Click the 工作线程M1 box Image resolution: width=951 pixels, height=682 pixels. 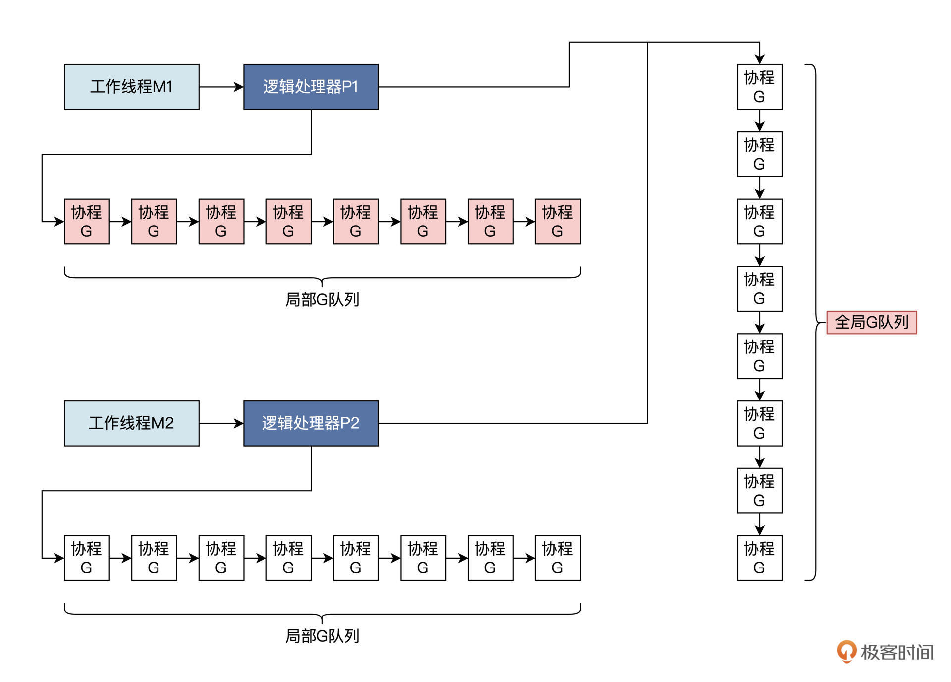[131, 87]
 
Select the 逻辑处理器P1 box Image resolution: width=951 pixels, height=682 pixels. [311, 87]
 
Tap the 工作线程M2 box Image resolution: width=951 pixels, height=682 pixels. [131, 423]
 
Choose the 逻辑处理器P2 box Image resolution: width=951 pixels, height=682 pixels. [311, 423]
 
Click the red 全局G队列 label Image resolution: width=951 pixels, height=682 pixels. [871, 322]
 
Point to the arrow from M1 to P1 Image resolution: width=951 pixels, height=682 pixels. [221, 87]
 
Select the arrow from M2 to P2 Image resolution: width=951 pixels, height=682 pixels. [221, 423]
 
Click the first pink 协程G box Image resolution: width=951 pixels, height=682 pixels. [87, 222]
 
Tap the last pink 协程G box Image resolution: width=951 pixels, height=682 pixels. [557, 222]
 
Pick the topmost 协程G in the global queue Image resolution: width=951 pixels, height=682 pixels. [759, 87]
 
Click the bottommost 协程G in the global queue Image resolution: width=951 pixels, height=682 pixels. [759, 558]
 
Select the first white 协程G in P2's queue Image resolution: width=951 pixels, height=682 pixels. [87, 558]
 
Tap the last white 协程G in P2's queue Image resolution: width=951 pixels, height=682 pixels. [557, 558]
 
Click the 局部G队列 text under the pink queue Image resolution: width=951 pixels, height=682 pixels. [322, 300]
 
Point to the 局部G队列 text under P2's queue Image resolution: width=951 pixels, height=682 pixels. [322, 636]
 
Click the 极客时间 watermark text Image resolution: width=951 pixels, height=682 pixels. [897, 652]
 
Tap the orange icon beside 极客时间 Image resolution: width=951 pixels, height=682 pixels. [846, 651]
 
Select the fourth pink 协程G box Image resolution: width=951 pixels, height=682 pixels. [288, 222]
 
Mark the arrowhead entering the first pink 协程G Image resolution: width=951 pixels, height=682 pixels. [59, 222]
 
